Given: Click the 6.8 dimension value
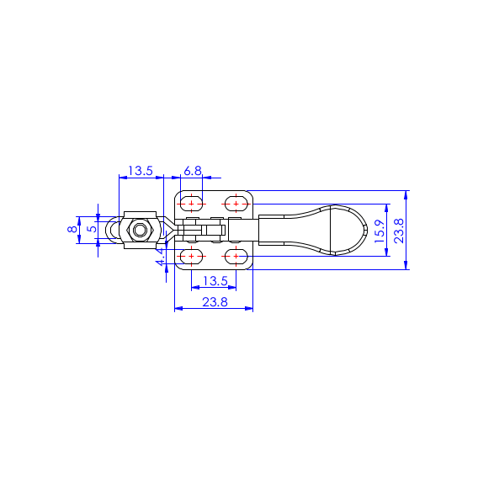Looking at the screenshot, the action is coord(193,171).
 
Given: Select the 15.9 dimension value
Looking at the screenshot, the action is coord(380,231).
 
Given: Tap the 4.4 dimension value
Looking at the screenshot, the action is coord(161,258).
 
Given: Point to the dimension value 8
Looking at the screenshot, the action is coord(72,229).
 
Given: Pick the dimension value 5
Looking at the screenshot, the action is coord(92,228).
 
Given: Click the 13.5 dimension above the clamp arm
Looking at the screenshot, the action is coord(141,171).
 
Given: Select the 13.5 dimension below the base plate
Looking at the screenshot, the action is coord(215,281).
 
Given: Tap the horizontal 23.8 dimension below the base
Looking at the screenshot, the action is coord(215,302).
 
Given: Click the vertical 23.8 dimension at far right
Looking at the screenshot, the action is coord(399,231).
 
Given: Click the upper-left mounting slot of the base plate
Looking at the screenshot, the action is coord(191,204).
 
